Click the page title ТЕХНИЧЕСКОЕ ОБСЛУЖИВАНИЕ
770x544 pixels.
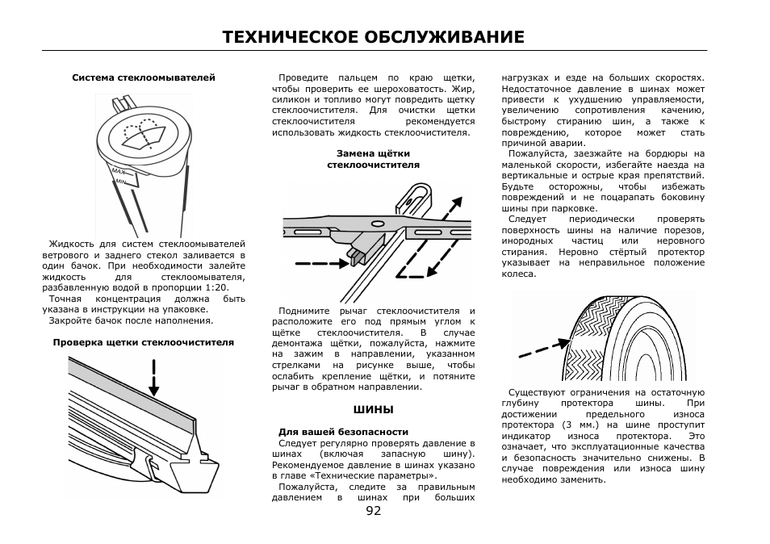click(374, 37)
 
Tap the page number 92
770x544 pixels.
click(374, 510)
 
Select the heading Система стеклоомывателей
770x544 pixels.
click(144, 78)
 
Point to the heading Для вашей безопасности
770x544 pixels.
click(343, 432)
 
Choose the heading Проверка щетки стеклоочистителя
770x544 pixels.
click(144, 342)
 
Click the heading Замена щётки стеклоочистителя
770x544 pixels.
click(373, 159)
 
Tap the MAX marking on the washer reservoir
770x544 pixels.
click(119, 172)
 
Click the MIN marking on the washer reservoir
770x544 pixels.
click(123, 182)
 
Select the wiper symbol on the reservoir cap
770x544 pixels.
click(141, 133)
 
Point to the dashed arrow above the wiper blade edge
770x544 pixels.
click(153, 378)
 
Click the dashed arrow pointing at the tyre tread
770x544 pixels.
click(543, 349)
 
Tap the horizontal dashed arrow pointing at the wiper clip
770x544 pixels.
click(321, 263)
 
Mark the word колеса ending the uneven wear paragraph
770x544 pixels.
click(518, 274)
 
